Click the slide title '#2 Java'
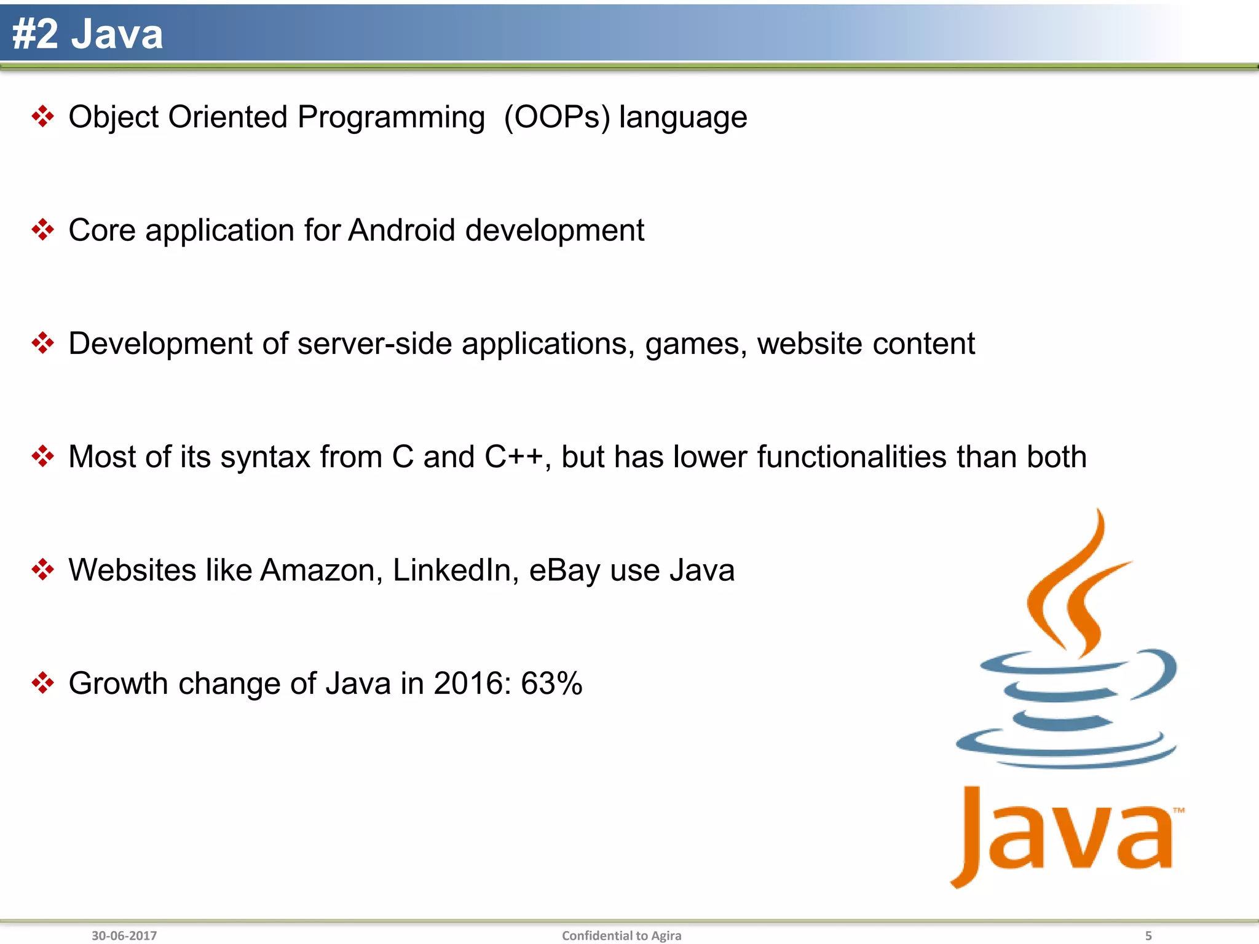(x=87, y=34)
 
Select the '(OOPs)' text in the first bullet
(x=556, y=117)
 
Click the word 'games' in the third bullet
(x=696, y=344)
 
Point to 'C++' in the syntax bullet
(x=513, y=457)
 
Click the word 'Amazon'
(x=322, y=570)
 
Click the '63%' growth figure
(x=551, y=683)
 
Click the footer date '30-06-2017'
(x=124, y=935)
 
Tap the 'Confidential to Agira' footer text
(x=622, y=935)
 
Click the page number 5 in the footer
(x=1148, y=935)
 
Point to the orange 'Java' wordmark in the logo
(x=1064, y=836)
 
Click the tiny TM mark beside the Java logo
(x=1178, y=811)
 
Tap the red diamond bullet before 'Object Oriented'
(x=42, y=116)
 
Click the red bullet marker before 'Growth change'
(x=42, y=683)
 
